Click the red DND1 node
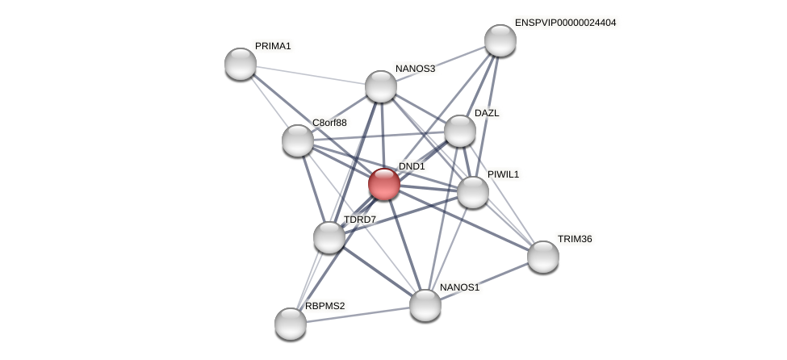[384, 184]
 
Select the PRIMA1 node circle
[241, 64]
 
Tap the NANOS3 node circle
[381, 86]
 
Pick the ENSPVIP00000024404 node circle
[500, 40]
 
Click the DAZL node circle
[460, 131]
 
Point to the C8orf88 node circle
[298, 140]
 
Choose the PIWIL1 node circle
[473, 192]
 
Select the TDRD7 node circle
[329, 237]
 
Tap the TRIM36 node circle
[543, 257]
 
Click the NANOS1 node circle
[425, 305]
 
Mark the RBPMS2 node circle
[291, 324]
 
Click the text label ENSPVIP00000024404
[565, 23]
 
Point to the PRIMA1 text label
[273, 46]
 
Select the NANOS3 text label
[415, 69]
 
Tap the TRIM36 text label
[575, 239]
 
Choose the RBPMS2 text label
[324, 306]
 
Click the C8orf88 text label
[329, 123]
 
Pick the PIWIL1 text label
[503, 174]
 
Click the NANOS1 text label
[459, 287]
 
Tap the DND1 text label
[412, 166]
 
